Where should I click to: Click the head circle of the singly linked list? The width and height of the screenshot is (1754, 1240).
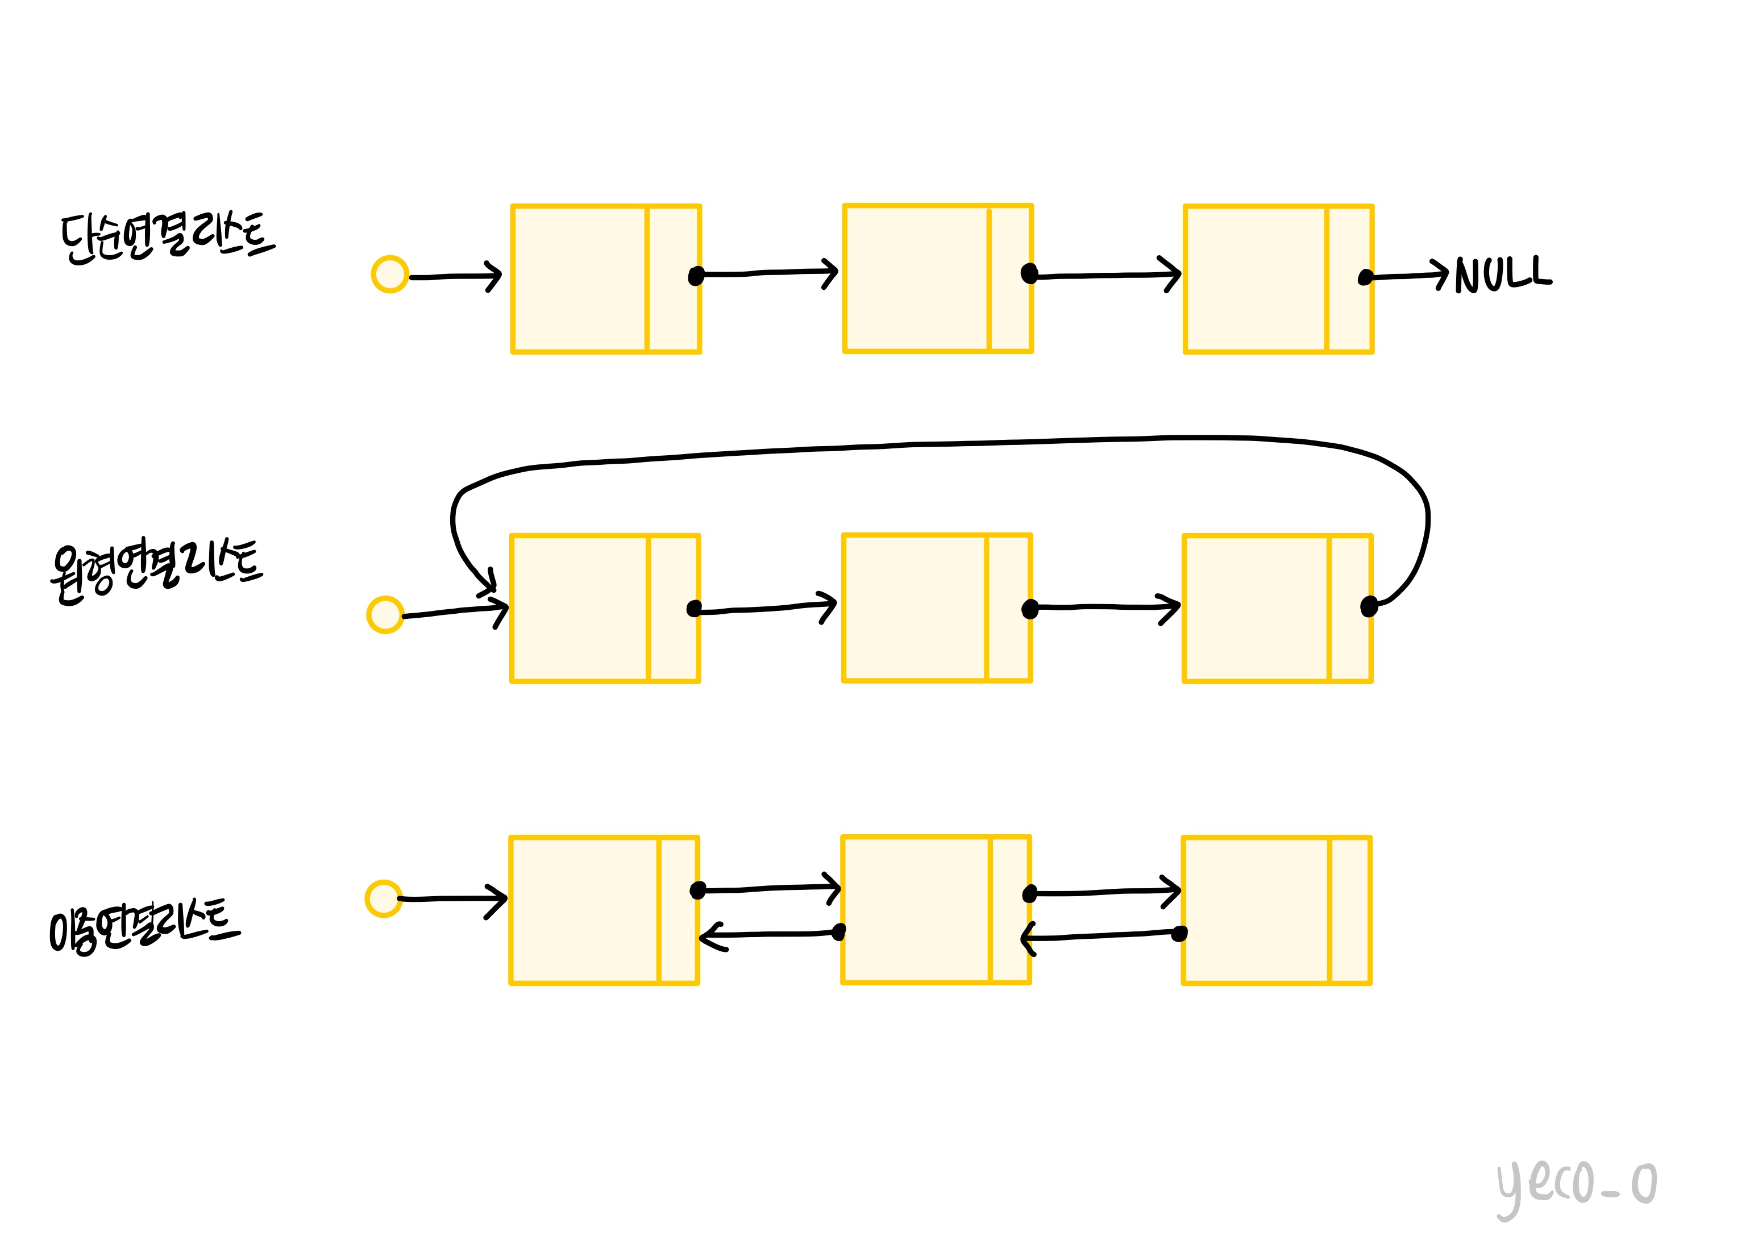(x=389, y=274)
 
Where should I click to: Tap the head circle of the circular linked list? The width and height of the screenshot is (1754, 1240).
(x=385, y=615)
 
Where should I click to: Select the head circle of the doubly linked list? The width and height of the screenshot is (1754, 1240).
(x=384, y=898)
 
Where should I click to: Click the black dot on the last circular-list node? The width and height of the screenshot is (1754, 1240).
(x=1369, y=606)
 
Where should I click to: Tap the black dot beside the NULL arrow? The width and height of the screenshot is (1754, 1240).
(x=1365, y=277)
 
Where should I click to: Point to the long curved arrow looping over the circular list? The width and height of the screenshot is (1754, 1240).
(x=940, y=444)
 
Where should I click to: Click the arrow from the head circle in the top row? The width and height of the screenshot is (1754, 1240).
(x=455, y=277)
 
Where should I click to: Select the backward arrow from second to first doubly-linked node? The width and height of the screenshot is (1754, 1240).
(x=768, y=934)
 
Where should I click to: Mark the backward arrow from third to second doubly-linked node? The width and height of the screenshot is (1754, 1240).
(x=1100, y=936)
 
